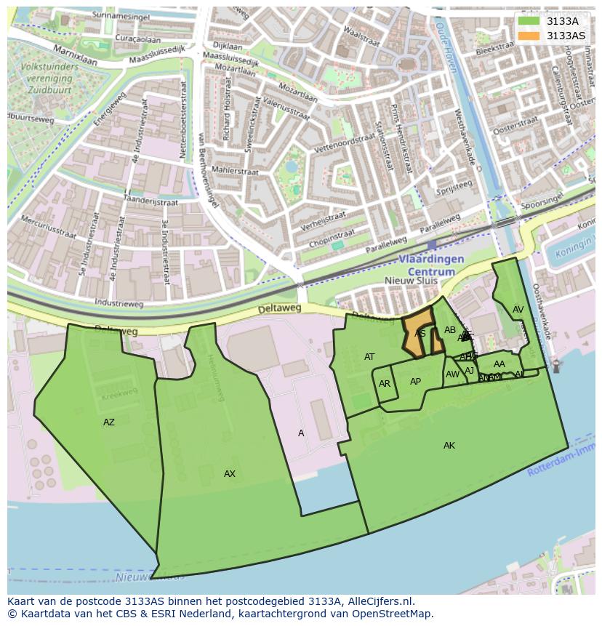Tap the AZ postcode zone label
(109, 422)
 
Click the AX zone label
(230, 474)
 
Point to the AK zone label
(449, 446)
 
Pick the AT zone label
(369, 357)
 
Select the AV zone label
(518, 310)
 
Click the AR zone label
(385, 384)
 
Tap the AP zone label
(415, 382)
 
